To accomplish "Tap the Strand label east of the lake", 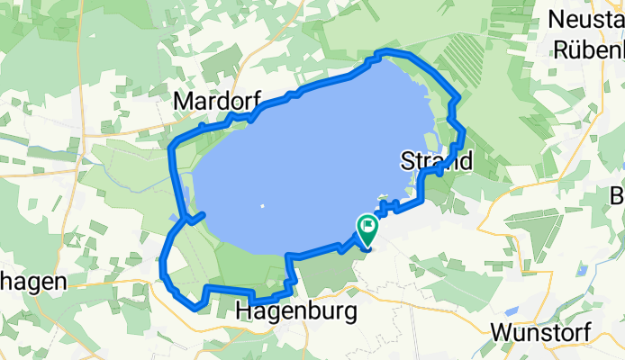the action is tap(436, 162).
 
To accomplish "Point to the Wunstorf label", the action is tap(540, 332).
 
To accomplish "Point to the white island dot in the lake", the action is tap(262, 206).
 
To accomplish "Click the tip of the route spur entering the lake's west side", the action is tap(204, 213).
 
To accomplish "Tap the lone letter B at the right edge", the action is tap(618, 197).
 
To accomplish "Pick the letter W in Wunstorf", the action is tap(503, 332).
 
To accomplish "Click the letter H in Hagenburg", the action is tap(243, 312).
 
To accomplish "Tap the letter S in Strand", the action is tap(404, 162).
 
